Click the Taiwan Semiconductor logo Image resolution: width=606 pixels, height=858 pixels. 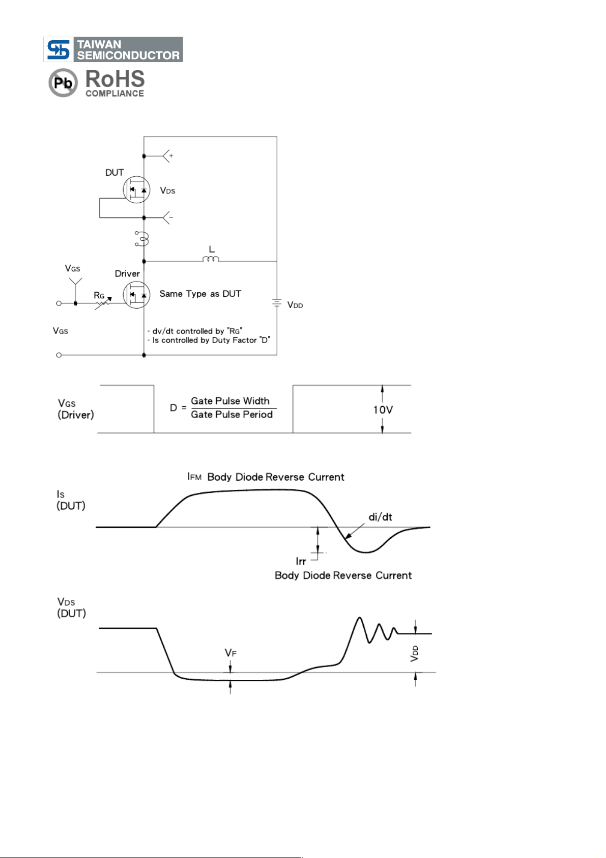(x=113, y=49)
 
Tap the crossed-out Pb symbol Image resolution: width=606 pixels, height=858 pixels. (x=63, y=82)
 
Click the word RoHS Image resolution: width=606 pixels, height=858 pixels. (x=115, y=79)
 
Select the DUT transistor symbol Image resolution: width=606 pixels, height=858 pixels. (x=136, y=189)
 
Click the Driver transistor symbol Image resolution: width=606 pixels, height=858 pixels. (x=136, y=295)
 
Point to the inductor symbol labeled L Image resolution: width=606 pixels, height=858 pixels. (x=211, y=259)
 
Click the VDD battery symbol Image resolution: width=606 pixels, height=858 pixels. (x=277, y=302)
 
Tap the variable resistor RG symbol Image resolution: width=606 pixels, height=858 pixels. (x=103, y=303)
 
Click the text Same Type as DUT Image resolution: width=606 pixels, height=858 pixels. (x=200, y=294)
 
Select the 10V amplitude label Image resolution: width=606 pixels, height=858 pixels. (x=383, y=410)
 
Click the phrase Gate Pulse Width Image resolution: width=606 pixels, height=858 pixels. (x=230, y=401)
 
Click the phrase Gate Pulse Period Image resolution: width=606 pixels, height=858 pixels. (x=232, y=414)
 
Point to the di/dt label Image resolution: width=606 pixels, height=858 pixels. (x=380, y=517)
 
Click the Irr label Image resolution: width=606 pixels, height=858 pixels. (x=301, y=562)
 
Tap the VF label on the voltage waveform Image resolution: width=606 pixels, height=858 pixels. (x=230, y=653)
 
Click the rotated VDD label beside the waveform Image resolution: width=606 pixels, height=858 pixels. (x=414, y=653)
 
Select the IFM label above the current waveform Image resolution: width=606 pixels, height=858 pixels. (x=194, y=477)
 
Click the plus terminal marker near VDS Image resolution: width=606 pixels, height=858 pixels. (x=171, y=156)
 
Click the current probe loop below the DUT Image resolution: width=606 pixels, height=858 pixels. (x=141, y=239)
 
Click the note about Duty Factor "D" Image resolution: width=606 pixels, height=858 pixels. (x=209, y=341)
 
